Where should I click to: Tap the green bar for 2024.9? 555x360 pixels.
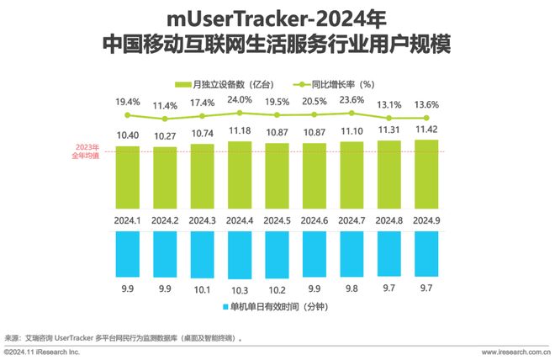(426, 173)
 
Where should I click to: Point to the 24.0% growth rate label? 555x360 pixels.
(240, 98)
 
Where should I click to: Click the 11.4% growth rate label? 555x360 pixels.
(165, 106)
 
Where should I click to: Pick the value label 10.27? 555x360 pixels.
(165, 136)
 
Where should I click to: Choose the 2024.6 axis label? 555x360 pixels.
(314, 220)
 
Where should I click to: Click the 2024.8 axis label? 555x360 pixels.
(388, 220)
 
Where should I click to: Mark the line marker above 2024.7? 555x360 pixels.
(351, 114)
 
